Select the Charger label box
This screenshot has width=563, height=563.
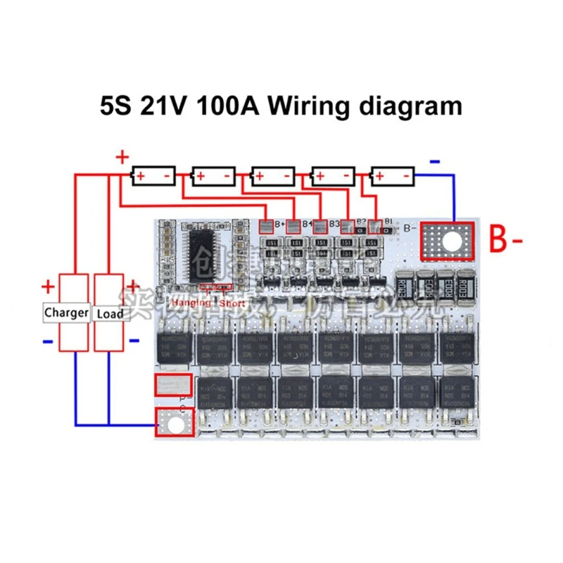click(66, 312)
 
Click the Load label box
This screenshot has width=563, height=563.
click(109, 312)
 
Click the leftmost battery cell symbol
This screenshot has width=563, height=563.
click(154, 175)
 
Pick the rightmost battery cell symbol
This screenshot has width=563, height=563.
click(393, 175)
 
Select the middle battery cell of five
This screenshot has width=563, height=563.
click(273, 175)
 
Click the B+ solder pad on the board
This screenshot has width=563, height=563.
click(267, 227)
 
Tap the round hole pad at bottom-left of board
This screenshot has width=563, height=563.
click(173, 424)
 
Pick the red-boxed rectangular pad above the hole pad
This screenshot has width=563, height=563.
click(172, 386)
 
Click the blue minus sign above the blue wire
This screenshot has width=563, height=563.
click(435, 161)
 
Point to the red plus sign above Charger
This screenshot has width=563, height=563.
click(48, 286)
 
